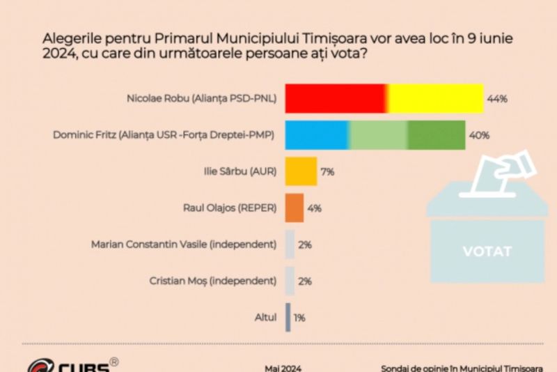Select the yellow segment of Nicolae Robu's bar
pos(435,98)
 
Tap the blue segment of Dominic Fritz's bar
pos(317,134)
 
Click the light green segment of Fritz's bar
pos(378,134)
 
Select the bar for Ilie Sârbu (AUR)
pos(301,171)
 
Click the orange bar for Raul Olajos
pos(295,208)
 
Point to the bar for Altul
pos(288,317)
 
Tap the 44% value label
pos(497,99)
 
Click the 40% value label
pos(480,135)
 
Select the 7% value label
pos(327,171)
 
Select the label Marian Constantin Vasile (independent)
pos(184,245)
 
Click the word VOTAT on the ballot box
pos(487,251)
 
